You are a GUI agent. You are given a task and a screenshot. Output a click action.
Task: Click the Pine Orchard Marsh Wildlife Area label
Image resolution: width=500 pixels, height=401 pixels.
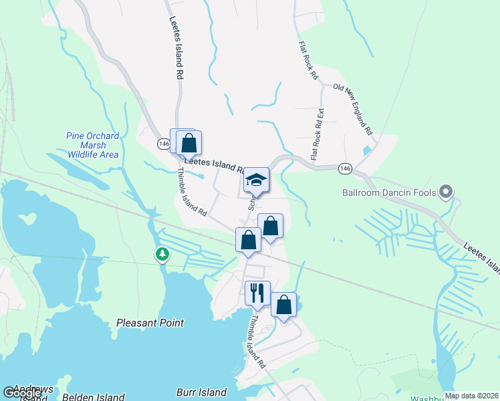(92, 145)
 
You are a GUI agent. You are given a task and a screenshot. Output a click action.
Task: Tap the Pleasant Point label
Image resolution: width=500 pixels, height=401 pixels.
(150, 323)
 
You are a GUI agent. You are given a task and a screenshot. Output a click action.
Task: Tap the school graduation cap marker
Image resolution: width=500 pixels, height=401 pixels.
(256, 180)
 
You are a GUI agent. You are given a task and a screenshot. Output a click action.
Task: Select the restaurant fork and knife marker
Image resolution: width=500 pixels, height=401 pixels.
(257, 291)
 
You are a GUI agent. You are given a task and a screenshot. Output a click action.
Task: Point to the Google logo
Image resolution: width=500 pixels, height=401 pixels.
(22, 393)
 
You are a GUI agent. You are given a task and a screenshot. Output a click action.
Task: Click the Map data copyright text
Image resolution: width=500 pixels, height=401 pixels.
(471, 396)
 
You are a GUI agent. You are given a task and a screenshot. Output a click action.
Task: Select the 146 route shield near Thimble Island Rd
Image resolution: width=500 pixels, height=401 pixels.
(164, 144)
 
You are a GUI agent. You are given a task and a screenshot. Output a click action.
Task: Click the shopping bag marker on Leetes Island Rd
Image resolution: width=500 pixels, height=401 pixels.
(189, 142)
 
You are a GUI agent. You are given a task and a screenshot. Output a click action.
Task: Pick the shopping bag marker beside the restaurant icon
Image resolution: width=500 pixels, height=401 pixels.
(283, 305)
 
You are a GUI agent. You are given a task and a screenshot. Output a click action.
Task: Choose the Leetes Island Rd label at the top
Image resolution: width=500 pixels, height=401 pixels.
(176, 49)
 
